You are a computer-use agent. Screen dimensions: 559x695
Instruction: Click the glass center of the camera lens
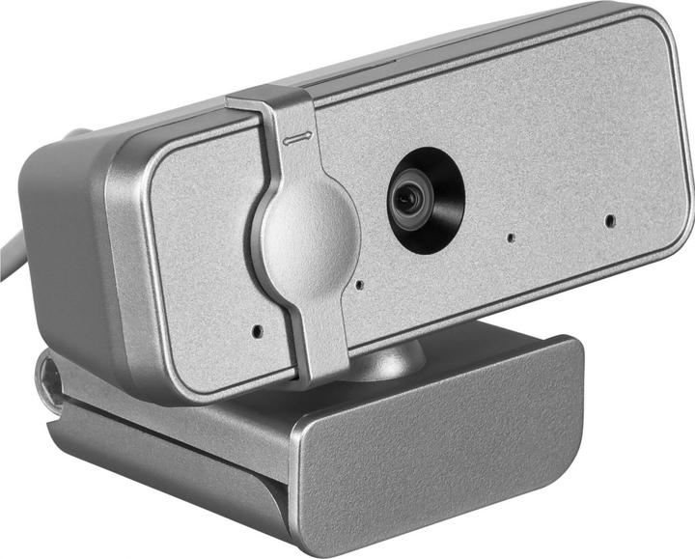click(x=410, y=199)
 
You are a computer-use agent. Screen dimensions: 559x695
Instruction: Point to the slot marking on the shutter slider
click(x=294, y=138)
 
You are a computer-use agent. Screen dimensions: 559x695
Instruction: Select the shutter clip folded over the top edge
click(x=270, y=104)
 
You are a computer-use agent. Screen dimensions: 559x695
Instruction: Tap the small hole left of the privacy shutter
click(x=257, y=330)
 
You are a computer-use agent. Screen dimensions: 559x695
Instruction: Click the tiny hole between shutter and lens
click(x=359, y=285)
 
